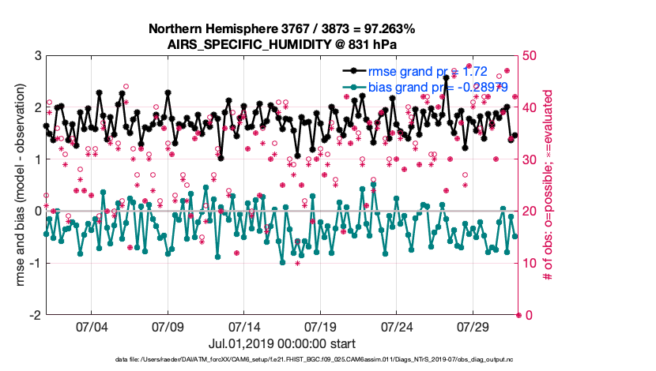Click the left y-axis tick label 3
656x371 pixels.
pos(36,55)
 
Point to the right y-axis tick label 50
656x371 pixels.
pos(529,55)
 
